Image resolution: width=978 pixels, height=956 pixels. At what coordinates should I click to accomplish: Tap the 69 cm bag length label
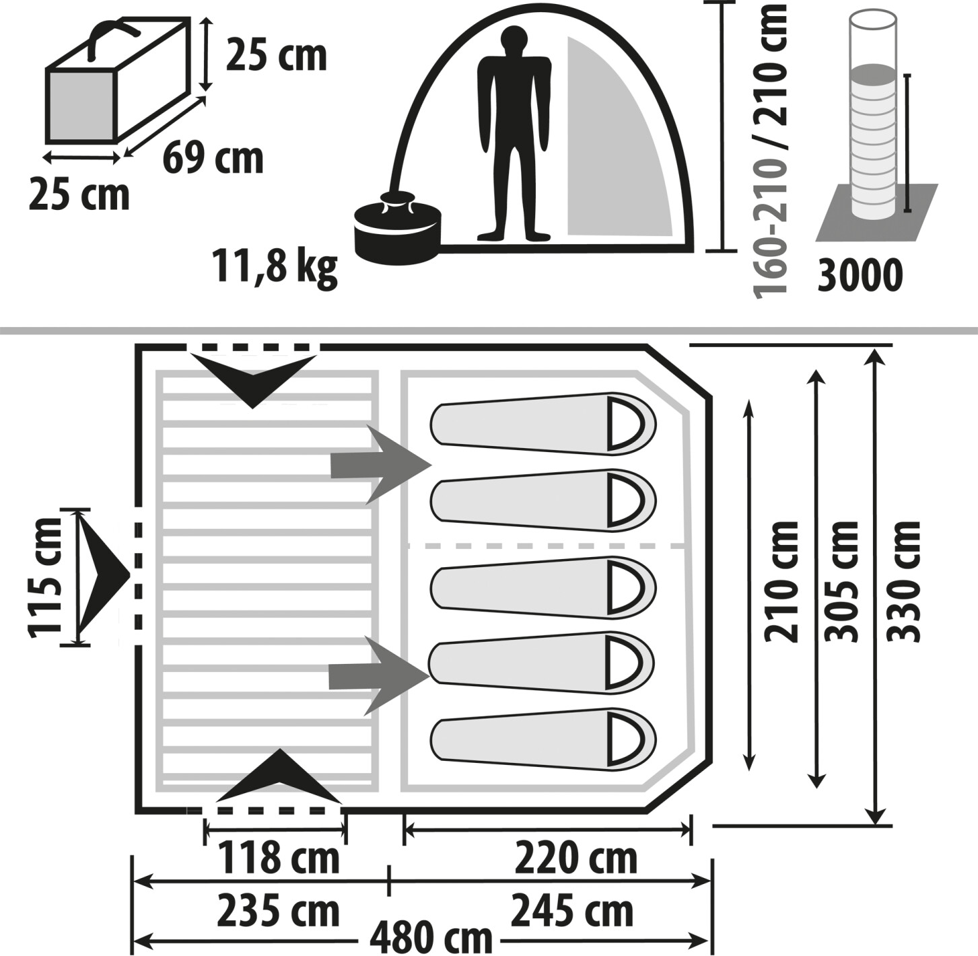[213, 159]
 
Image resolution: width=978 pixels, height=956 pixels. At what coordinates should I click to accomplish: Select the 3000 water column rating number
[860, 275]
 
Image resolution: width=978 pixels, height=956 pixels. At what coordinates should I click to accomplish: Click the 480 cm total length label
[431, 936]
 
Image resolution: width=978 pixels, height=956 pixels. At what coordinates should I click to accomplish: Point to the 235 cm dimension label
[277, 911]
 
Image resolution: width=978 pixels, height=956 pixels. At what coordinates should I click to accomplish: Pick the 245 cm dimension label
[572, 911]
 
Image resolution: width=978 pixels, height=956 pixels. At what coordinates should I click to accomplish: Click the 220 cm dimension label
[575, 858]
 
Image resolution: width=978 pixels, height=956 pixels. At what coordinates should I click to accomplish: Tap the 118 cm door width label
[277, 858]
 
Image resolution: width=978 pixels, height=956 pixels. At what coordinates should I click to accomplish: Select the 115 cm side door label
[46, 577]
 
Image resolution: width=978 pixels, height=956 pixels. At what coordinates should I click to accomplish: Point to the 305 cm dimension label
[842, 580]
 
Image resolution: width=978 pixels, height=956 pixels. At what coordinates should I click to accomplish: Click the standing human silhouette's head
[514, 42]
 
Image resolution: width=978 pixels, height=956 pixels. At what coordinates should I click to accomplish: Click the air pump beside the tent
[397, 229]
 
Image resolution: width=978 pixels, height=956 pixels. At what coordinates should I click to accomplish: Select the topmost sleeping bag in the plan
[543, 424]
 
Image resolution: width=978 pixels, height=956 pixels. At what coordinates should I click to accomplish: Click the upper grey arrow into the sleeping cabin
[380, 464]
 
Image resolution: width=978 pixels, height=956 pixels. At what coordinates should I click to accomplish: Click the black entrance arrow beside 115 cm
[101, 576]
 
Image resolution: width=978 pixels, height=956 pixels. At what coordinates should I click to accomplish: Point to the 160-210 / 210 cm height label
[770, 149]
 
